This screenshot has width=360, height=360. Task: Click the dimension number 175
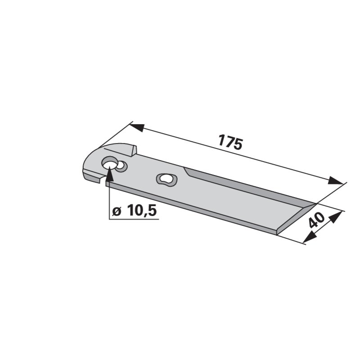[230, 142]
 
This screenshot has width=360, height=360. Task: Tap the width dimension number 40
[317, 220]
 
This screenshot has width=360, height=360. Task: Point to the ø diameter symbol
[117, 211]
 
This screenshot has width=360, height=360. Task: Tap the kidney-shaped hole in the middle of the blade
[166, 179]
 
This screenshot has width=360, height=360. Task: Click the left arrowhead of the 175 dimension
[137, 127]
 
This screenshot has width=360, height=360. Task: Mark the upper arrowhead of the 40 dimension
[336, 217]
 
